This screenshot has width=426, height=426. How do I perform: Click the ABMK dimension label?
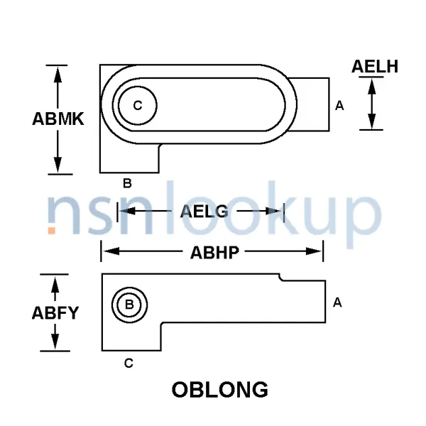coord(58,119)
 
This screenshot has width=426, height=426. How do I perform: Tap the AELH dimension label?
coord(375,67)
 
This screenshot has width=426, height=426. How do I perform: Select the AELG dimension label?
coord(204,211)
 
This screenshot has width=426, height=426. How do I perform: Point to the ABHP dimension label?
coord(214,251)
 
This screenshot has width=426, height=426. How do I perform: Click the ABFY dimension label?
coord(55,312)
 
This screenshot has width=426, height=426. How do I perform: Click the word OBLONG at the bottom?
coord(220,390)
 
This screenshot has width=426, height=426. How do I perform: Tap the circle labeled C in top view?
coord(137,106)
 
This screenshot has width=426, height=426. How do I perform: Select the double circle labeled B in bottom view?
coord(129,305)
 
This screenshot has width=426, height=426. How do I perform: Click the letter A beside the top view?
coord(339,106)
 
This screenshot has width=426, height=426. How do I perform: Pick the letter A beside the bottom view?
coord(338,302)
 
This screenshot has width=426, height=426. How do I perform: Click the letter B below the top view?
coord(128,183)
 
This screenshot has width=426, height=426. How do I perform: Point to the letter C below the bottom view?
coord(129,364)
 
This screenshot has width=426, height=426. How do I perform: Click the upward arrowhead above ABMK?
coord(58,72)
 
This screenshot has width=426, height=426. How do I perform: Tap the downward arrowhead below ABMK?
coord(58,167)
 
